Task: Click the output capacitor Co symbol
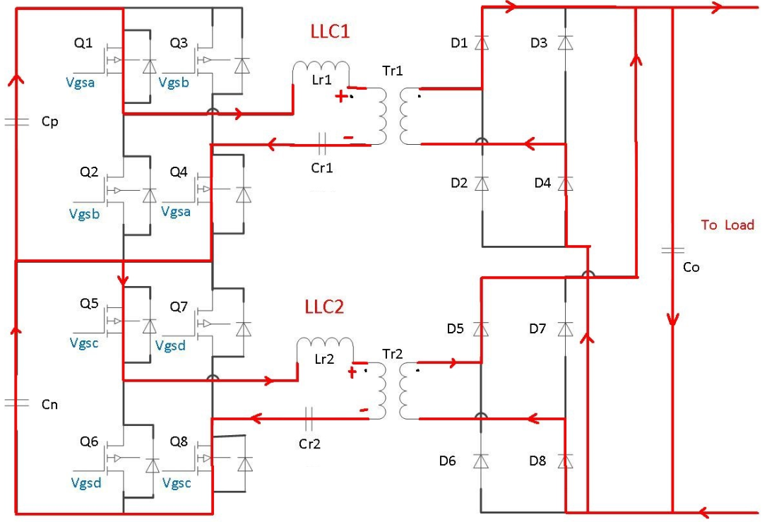pyautogui.click(x=672, y=251)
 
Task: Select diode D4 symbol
pyautogui.click(x=564, y=184)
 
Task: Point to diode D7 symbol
pyautogui.click(x=564, y=329)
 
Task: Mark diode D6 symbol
pyautogui.click(x=482, y=461)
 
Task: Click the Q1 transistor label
pyautogui.click(x=83, y=44)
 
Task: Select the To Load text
pyautogui.click(x=727, y=225)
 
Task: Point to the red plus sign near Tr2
pyautogui.click(x=351, y=373)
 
